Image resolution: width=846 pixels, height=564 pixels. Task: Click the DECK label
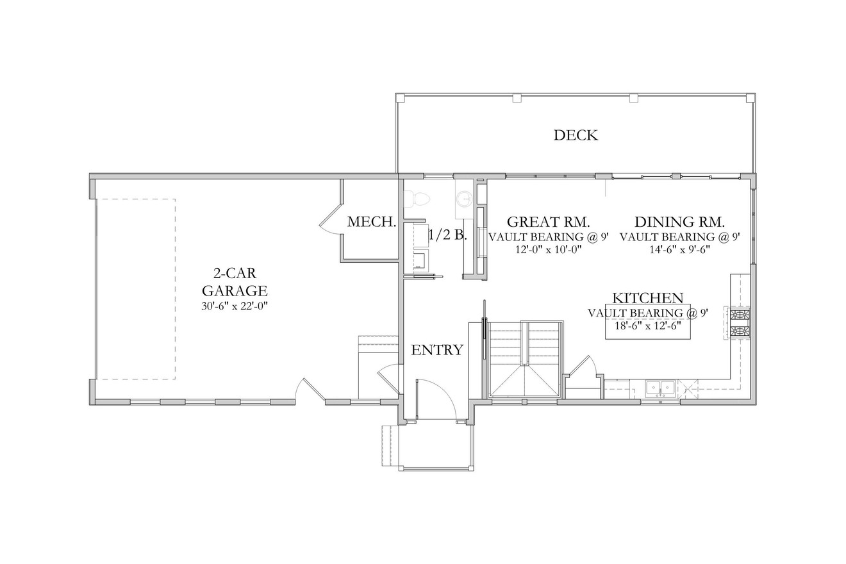coord(576,135)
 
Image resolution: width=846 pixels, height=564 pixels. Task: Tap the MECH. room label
coord(371,222)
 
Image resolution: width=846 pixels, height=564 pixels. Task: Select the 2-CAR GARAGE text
coord(235,282)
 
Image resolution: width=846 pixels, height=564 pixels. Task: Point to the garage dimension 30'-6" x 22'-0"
coord(235,306)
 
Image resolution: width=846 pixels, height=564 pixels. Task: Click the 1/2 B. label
coord(447,235)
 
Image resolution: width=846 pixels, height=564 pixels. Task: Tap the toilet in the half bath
coord(419,199)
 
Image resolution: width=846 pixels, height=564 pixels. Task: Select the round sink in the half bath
coord(464,199)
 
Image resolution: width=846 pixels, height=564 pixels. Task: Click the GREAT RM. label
coord(548,222)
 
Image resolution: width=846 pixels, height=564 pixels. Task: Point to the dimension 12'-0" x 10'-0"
coord(548,250)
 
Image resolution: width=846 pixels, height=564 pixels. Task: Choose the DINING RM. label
coord(679,222)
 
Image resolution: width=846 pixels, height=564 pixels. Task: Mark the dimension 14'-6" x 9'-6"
coord(679,250)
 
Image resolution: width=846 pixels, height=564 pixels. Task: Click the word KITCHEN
coord(647,298)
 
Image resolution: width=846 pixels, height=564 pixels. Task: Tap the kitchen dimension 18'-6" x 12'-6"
coord(647,326)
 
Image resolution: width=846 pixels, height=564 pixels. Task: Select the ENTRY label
coord(437,350)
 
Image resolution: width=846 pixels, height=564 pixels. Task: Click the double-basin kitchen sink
coord(660,388)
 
